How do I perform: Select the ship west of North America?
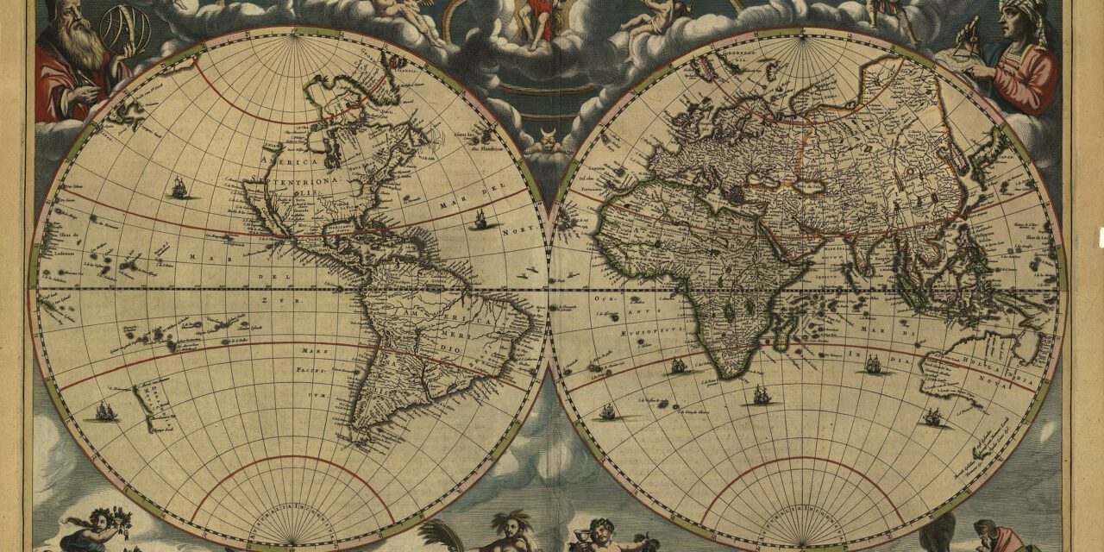(x=179, y=186)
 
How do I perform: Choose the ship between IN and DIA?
(x=873, y=365)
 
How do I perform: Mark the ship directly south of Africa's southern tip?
(x=762, y=395)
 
